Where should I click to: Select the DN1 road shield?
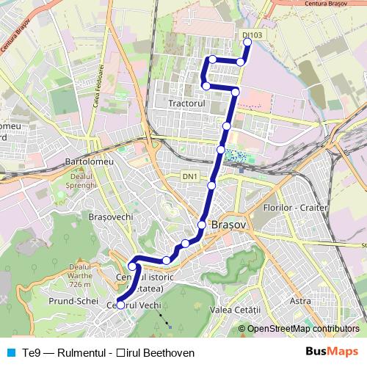tap(190, 177)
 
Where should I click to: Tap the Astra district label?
tap(300, 301)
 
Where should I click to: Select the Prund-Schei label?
tap(73, 302)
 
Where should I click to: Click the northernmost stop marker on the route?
tap(247, 43)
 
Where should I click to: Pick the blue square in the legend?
tap(10, 353)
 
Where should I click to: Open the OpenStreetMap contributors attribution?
tap(303, 329)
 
